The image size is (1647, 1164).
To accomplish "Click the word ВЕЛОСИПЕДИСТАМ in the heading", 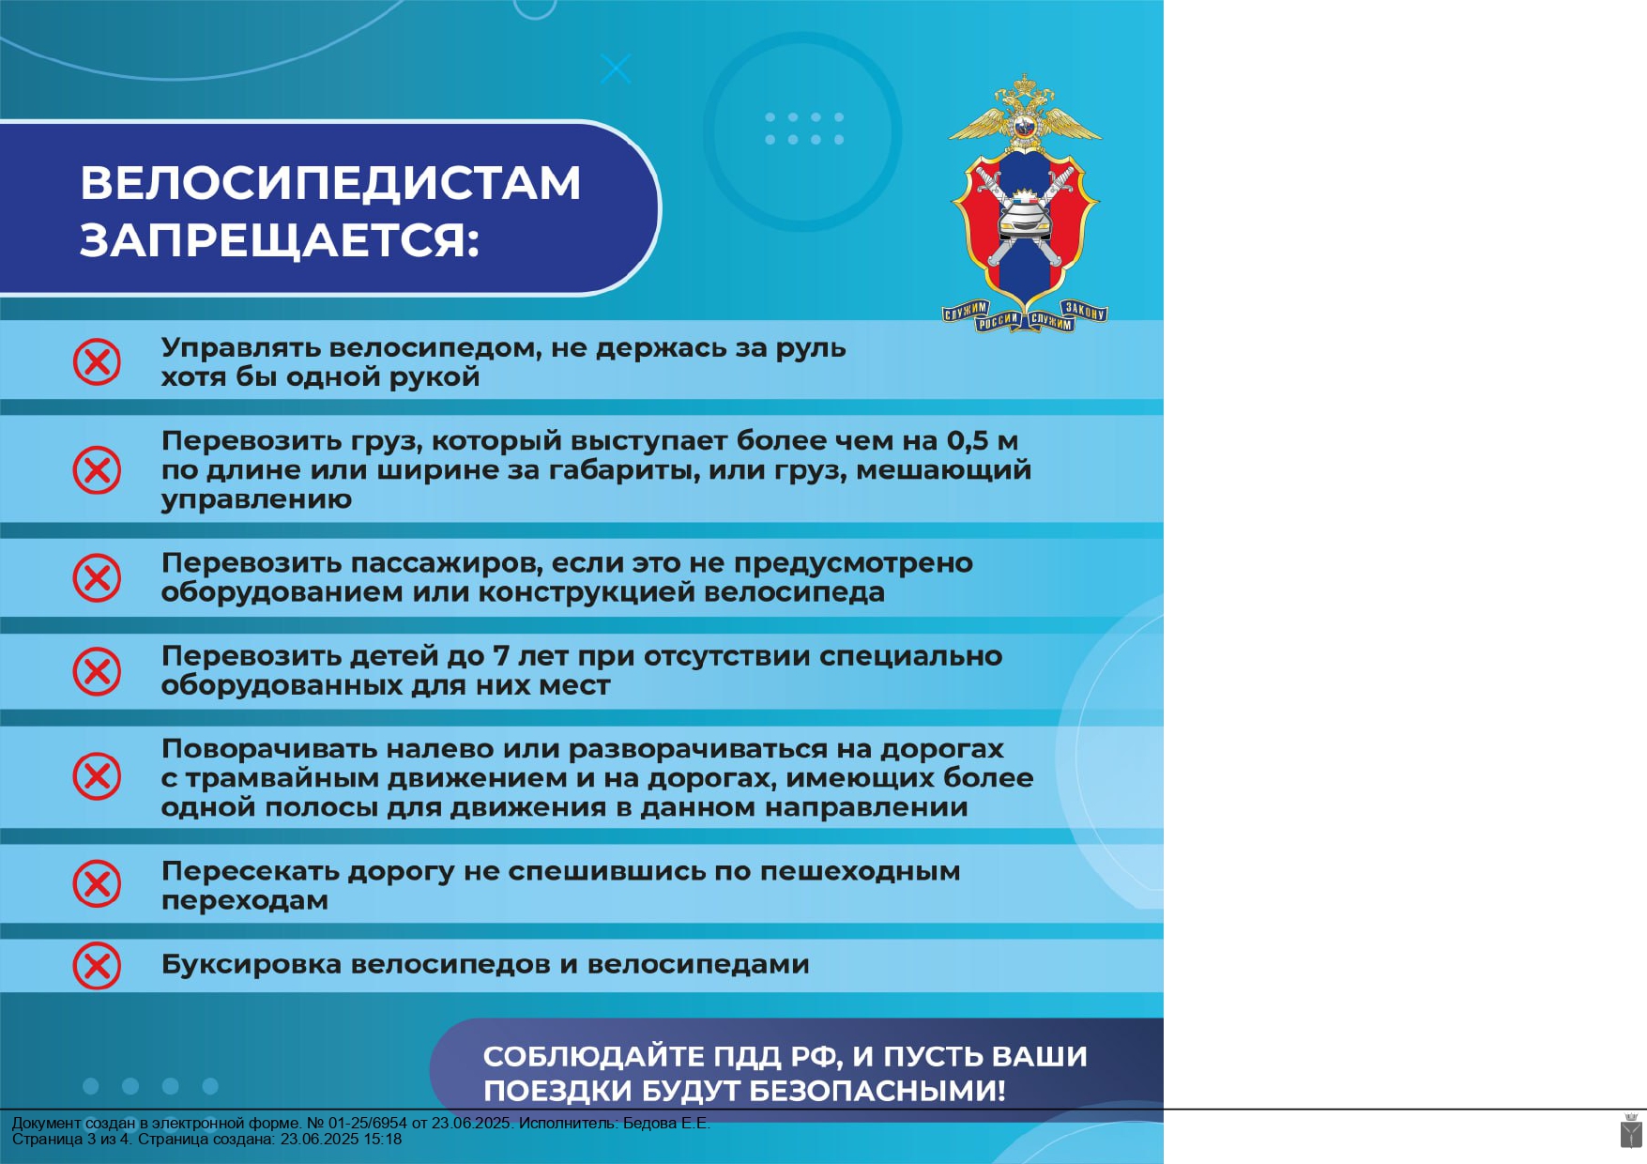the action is pos(330,184).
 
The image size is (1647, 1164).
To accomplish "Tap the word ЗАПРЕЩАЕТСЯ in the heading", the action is pos(273,240).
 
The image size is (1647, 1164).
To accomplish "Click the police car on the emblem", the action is pos(1025,219).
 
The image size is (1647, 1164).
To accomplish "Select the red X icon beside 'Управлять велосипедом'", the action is pos(97,362).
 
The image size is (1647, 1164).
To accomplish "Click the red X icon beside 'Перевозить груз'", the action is pos(97,469).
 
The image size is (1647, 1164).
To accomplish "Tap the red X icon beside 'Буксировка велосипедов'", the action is pos(97,966).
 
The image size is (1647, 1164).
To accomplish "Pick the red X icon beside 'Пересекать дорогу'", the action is pos(97,884).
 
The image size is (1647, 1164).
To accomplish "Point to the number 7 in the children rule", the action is pos(501,656).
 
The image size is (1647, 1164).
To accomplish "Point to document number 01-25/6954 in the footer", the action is pos(368,1124).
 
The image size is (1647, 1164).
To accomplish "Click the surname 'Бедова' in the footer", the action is pos(650,1124).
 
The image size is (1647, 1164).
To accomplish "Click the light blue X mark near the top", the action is pos(616,69).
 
